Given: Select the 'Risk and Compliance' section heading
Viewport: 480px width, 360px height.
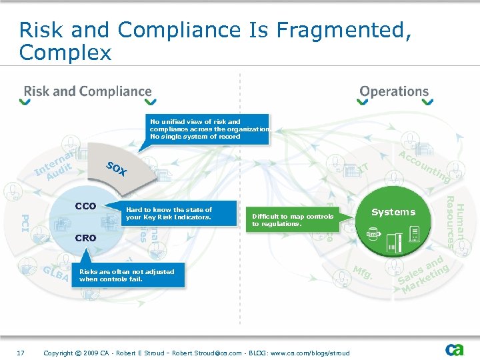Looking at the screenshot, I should (88, 91).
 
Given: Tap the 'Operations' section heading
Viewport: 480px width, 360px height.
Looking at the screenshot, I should (394, 91).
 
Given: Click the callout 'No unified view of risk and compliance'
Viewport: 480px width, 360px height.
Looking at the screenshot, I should (209, 129).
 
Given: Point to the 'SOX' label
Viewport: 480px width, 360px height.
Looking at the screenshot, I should (117, 169).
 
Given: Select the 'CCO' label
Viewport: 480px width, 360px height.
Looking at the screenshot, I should (85, 206).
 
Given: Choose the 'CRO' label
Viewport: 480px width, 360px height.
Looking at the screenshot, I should (85, 237).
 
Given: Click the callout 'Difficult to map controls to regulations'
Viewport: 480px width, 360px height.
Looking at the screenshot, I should (293, 220).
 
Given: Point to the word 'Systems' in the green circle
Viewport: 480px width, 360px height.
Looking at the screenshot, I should (393, 212).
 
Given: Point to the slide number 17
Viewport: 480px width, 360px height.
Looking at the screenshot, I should (21, 351).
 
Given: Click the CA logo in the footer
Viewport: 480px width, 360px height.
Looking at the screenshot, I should (455, 349).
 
